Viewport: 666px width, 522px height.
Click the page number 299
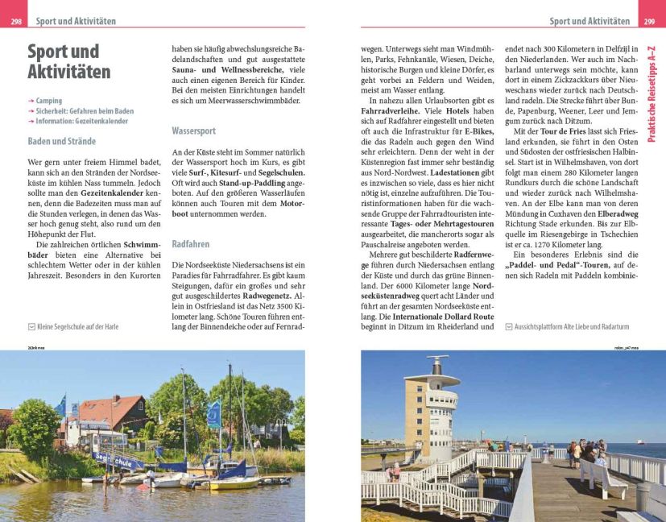pos(650,22)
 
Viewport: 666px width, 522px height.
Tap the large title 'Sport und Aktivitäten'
pos(68,62)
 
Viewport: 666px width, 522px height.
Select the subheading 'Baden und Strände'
pos(61,141)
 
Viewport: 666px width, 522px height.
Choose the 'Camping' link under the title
pos(48,101)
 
